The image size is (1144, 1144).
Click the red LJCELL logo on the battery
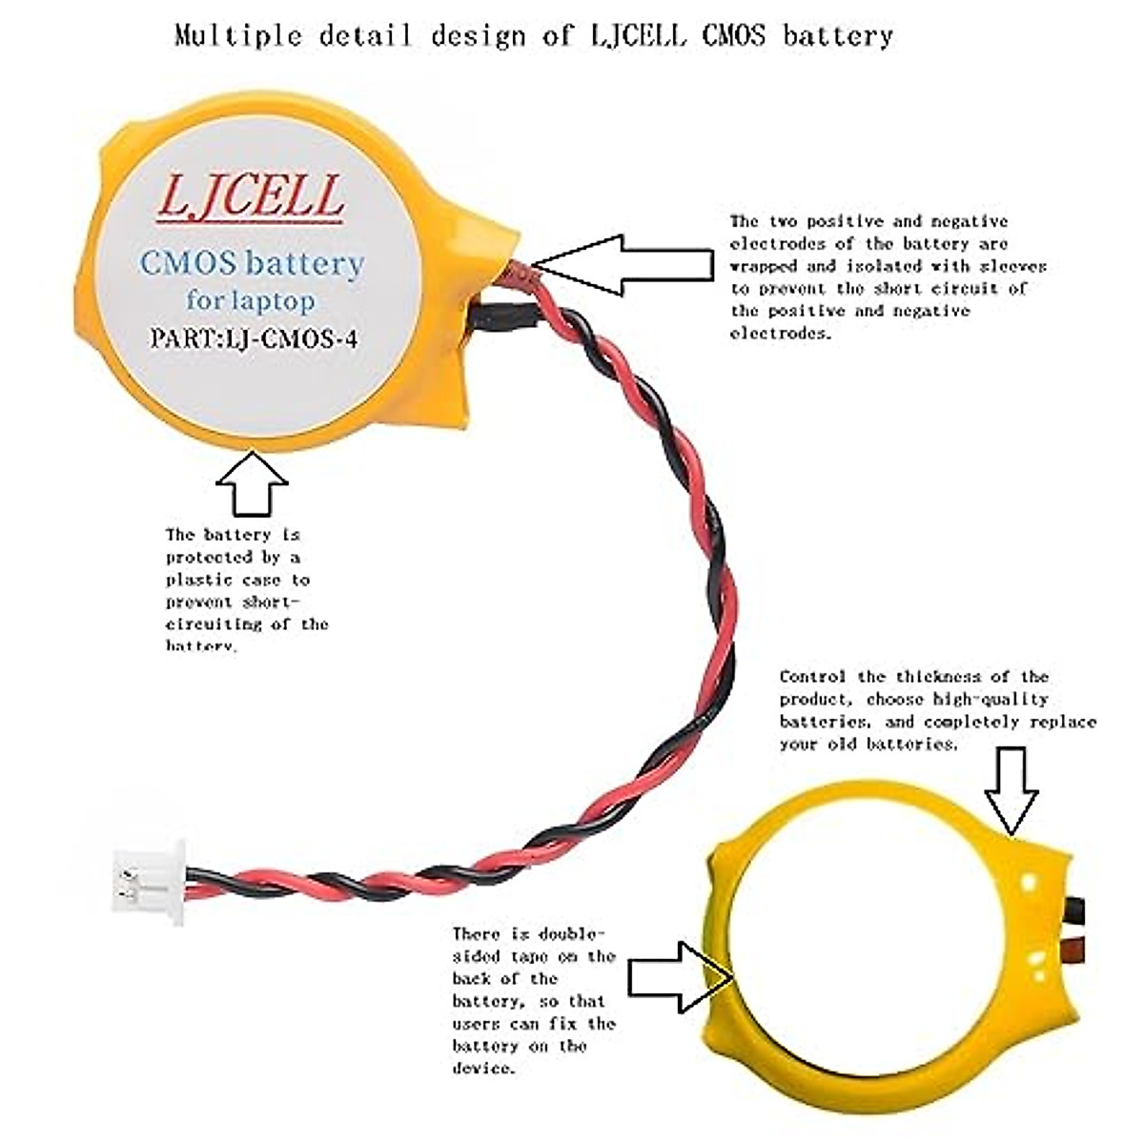click(250, 196)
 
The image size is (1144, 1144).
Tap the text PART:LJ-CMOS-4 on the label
click(254, 338)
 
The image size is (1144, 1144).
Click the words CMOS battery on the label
click(252, 263)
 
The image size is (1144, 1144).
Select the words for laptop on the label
click(250, 301)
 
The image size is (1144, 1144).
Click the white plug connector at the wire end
click(148, 882)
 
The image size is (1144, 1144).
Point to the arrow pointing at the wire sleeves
click(624, 264)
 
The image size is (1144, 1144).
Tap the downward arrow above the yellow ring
click(1011, 789)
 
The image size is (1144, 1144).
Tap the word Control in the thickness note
click(812, 677)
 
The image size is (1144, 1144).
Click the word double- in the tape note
click(571, 934)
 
